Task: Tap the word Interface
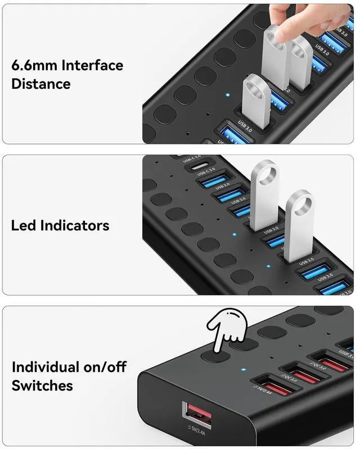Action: click(92, 65)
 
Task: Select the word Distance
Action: click(40, 84)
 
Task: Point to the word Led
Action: click(24, 225)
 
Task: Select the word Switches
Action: click(42, 386)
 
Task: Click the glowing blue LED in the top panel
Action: click(227, 94)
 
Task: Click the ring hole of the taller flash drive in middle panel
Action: click(264, 173)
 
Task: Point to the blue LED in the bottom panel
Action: click(242, 371)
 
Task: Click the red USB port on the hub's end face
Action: click(196, 416)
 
